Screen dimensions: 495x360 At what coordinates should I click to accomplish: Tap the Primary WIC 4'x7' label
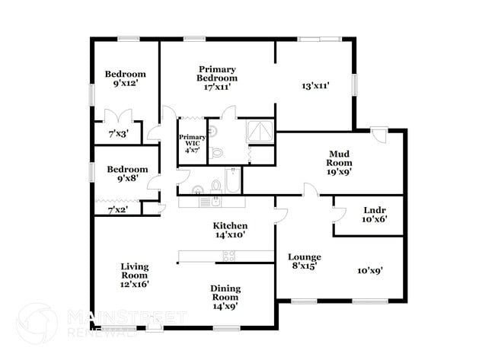pyautogui.click(x=192, y=144)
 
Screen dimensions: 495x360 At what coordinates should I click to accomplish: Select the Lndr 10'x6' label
pyautogui.click(x=375, y=215)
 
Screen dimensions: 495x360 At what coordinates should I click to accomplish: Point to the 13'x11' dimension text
pyautogui.click(x=316, y=85)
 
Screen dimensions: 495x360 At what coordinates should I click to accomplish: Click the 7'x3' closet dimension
pyautogui.click(x=118, y=134)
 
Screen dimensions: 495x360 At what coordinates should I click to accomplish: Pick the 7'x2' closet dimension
pyautogui.click(x=118, y=209)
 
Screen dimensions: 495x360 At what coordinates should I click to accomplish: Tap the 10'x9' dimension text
pyautogui.click(x=370, y=270)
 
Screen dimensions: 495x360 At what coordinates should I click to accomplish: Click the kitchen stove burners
pyautogui.click(x=229, y=256)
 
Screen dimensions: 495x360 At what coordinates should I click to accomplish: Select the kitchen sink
pyautogui.click(x=216, y=201)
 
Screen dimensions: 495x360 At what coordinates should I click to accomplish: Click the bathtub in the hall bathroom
pyautogui.click(x=233, y=180)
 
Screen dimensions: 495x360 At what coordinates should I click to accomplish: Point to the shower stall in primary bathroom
pyautogui.click(x=260, y=131)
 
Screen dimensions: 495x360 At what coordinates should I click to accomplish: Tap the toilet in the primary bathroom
pyautogui.click(x=216, y=153)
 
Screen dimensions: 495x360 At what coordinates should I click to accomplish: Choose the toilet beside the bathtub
pyautogui.click(x=216, y=186)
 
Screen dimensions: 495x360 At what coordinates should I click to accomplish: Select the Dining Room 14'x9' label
pyautogui.click(x=225, y=298)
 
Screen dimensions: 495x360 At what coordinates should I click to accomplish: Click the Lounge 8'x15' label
pyautogui.click(x=305, y=261)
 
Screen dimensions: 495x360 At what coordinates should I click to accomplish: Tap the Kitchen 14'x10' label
pyautogui.click(x=230, y=230)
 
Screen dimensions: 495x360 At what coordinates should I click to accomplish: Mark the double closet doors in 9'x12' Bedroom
pyautogui.click(x=118, y=116)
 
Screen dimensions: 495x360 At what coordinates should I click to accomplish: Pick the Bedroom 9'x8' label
pyautogui.click(x=127, y=174)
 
